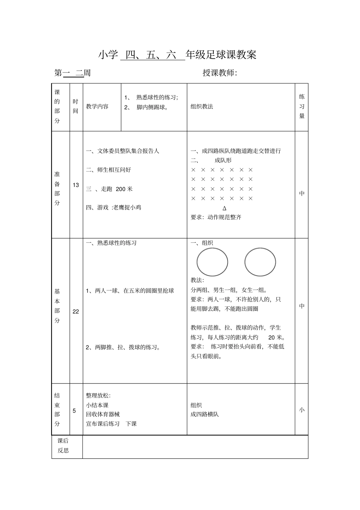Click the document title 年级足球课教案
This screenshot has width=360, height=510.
point(221,55)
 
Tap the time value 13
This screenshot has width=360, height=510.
point(76,185)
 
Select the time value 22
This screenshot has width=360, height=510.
point(76,311)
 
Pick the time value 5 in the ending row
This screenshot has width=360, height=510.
point(74,411)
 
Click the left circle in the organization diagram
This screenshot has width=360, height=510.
point(212,262)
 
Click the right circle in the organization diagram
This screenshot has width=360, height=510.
point(260,262)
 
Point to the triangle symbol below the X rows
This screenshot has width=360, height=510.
point(224,208)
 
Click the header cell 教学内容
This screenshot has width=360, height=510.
point(97,107)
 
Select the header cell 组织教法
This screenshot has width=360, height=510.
point(202,107)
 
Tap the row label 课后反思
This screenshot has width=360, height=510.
point(63,446)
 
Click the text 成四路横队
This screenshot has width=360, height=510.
point(205,414)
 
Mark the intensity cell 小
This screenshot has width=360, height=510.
point(302,410)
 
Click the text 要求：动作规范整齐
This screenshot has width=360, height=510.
point(216,217)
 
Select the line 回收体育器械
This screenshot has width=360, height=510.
point(103,414)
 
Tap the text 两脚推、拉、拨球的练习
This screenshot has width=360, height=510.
point(124,347)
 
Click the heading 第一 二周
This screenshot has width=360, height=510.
point(73,73)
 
